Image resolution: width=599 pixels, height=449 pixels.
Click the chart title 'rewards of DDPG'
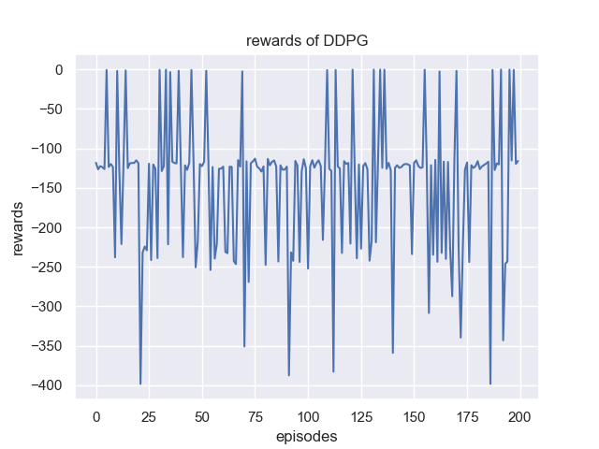(299, 41)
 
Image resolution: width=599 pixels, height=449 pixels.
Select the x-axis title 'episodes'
(306, 436)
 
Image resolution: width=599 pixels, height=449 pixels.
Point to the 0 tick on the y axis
(58, 70)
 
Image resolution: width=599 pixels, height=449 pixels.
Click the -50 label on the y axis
(51, 109)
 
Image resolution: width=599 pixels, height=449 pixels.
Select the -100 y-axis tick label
(47, 149)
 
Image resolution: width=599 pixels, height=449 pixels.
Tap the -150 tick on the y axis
(47, 188)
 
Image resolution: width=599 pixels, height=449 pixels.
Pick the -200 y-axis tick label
(47, 227)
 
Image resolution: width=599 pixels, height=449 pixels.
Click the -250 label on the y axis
(47, 268)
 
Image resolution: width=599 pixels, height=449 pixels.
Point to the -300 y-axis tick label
(47, 307)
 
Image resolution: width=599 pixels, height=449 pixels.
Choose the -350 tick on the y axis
(47, 346)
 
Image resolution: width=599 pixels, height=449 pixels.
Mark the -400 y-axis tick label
(47, 385)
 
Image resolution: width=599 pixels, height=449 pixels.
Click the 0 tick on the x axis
(96, 415)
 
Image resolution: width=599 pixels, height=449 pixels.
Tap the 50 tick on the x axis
(202, 415)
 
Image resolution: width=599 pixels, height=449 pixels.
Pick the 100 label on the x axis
(308, 415)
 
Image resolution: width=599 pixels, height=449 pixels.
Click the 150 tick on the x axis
(415, 415)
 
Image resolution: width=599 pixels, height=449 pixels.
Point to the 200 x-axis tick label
(520, 415)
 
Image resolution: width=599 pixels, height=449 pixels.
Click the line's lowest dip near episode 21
(140, 383)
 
